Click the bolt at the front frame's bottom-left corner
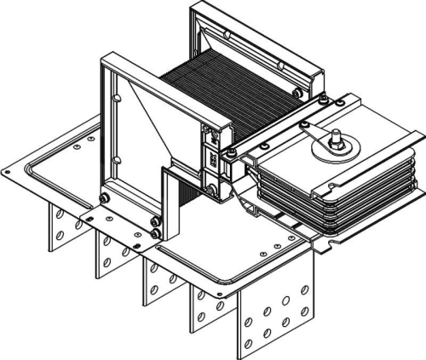pos(105,199)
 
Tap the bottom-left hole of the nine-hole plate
pos(249,344)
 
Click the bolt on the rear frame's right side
pos(295,92)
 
